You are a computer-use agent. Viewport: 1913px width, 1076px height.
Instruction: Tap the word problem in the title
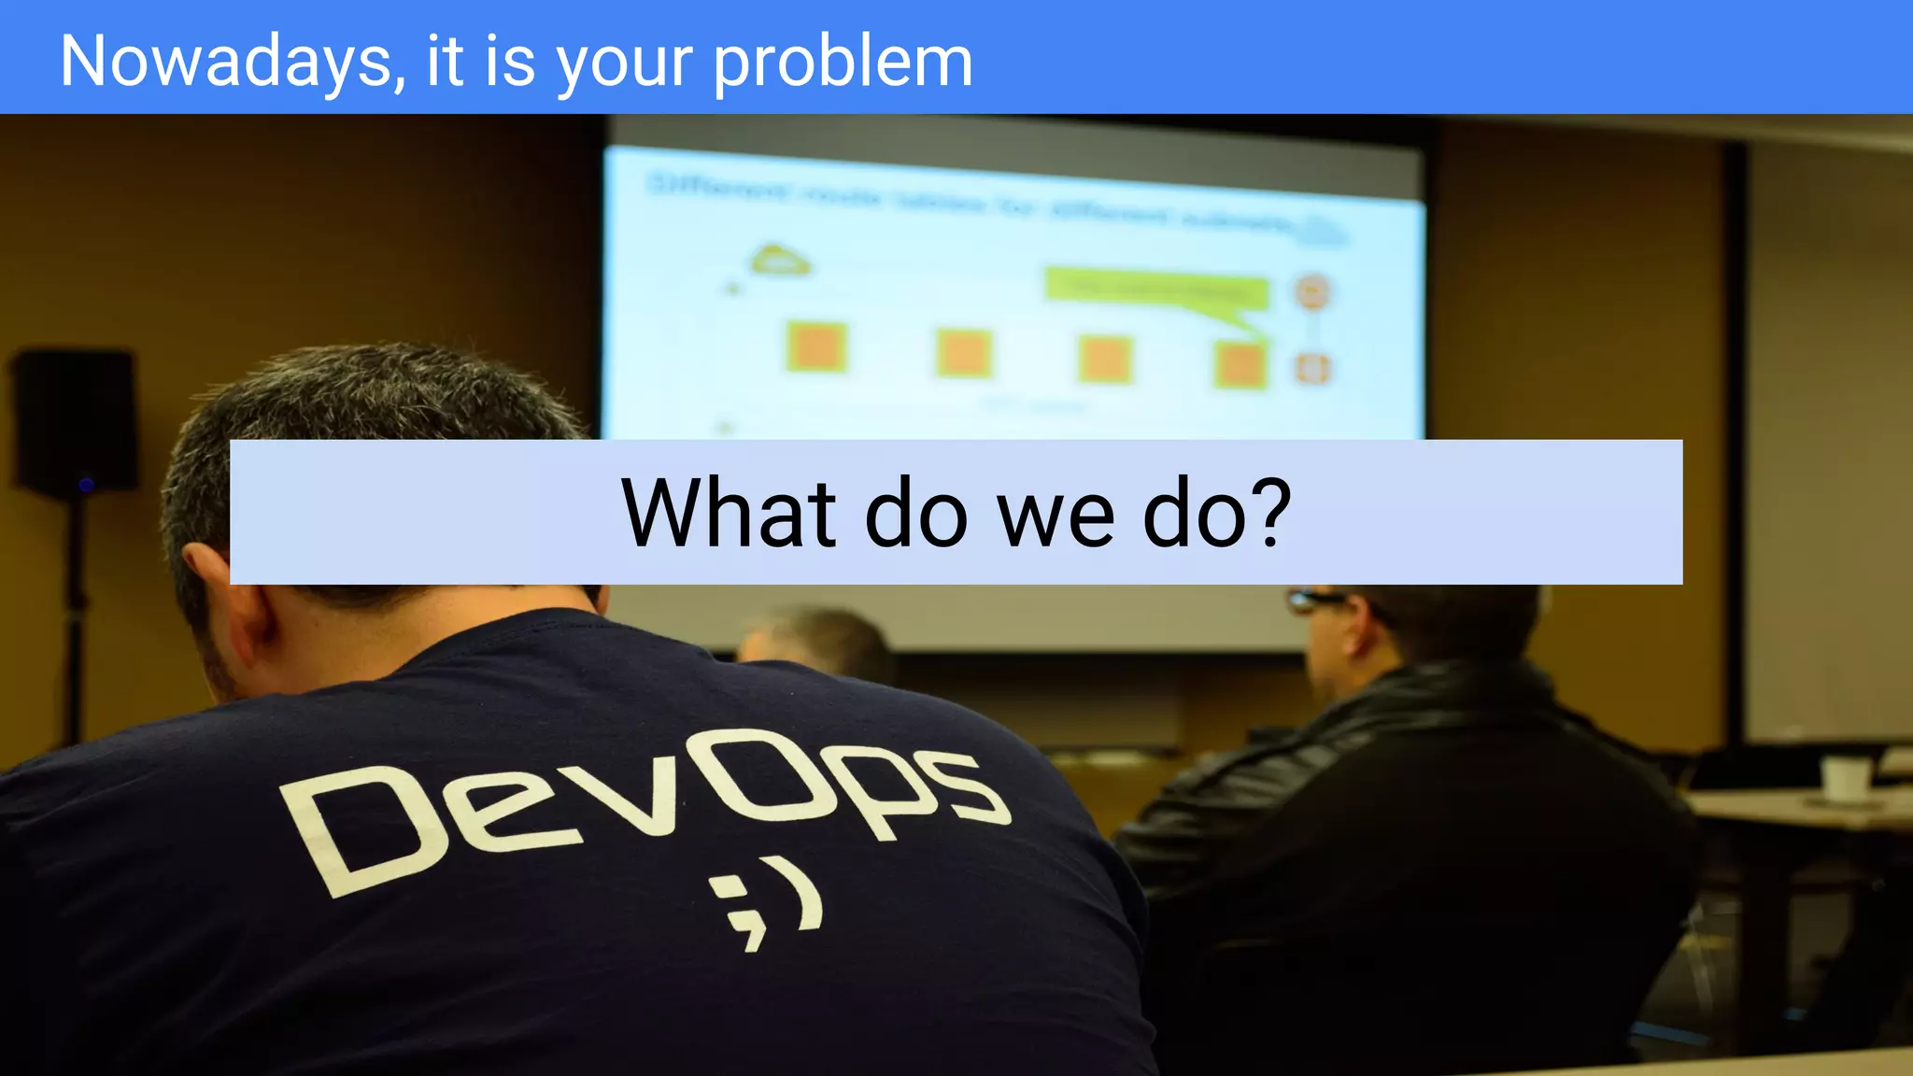pyautogui.click(x=843, y=62)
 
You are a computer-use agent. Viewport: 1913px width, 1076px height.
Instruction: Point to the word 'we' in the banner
pyautogui.click(x=1056, y=517)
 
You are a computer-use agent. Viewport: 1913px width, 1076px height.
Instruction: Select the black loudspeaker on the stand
pyautogui.click(x=75, y=420)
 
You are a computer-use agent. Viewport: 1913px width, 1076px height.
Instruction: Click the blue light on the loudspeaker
pyautogui.click(x=86, y=484)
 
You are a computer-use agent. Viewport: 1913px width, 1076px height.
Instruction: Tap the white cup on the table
pyautogui.click(x=1846, y=779)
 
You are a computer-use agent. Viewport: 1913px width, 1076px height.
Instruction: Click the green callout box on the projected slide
pyautogui.click(x=1156, y=290)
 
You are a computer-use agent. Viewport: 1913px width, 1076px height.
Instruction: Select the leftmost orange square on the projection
pyautogui.click(x=816, y=347)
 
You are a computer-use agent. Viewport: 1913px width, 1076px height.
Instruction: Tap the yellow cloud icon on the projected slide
pyautogui.click(x=780, y=260)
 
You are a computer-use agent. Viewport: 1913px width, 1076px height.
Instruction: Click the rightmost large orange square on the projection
pyautogui.click(x=1240, y=363)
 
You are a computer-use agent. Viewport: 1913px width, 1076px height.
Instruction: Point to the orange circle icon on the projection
pyautogui.click(x=1312, y=291)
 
